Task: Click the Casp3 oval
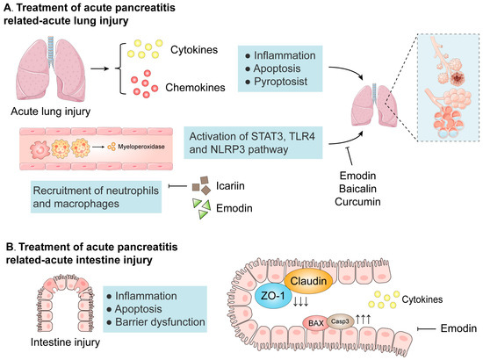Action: (x=342, y=321)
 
